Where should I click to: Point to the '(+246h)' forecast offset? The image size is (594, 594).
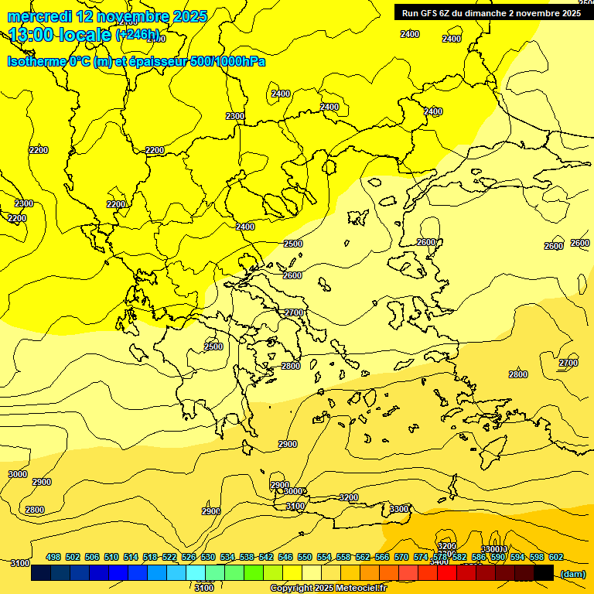coord(138,36)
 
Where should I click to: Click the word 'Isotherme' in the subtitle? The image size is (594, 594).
coord(36,61)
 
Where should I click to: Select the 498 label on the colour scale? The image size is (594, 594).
coord(53,557)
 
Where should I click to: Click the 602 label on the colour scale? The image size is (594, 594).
coord(556,557)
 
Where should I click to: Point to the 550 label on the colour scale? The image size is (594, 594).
coord(305,557)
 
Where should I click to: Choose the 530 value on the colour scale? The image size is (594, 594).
coord(208,557)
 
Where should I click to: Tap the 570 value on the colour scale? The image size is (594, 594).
coord(401,557)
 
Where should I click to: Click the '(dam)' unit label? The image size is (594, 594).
coord(573,574)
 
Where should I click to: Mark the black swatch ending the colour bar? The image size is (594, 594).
coord(544,573)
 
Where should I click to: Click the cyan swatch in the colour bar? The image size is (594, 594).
coord(196,573)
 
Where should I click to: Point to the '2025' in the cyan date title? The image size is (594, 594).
coord(189,16)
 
